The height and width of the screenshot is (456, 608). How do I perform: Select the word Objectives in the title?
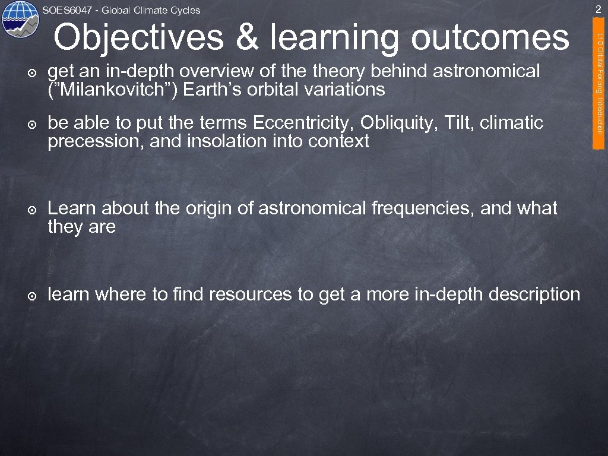point(140,38)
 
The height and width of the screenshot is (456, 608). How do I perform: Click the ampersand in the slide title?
point(247,38)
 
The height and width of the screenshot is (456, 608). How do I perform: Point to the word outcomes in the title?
point(490,38)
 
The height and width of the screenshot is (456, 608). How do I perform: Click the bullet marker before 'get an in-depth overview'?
point(33,72)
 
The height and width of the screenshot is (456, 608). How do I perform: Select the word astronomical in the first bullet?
point(487,72)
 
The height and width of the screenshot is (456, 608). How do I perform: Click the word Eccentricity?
point(303,123)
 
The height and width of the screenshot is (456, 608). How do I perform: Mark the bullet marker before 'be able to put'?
point(33,124)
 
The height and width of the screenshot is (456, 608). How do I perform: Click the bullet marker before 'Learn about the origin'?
point(33,210)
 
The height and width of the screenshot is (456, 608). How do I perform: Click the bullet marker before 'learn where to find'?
point(33,295)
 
